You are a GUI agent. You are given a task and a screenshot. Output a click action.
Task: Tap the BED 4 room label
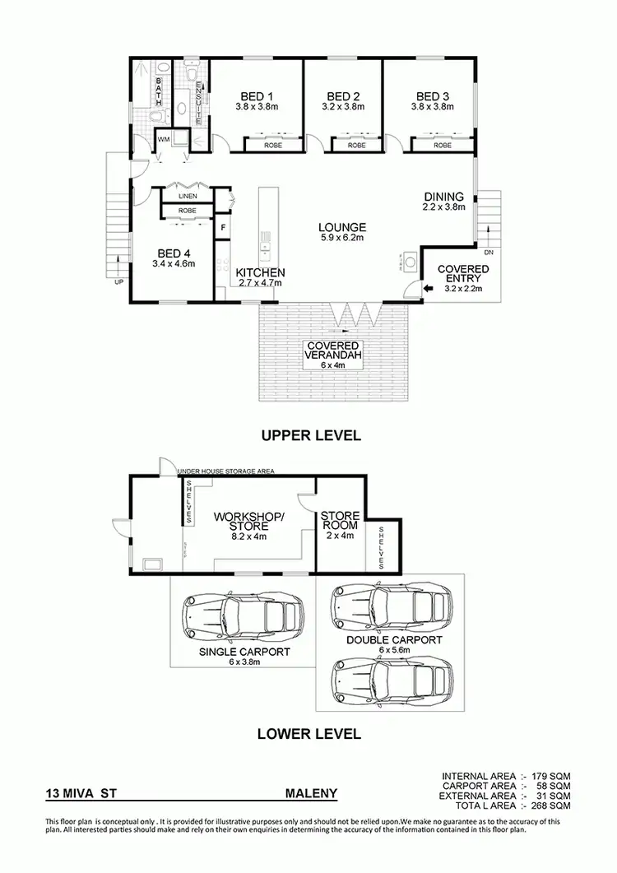174,253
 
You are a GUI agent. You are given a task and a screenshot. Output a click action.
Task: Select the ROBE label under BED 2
355,146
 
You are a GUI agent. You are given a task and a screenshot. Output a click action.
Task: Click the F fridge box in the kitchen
222,225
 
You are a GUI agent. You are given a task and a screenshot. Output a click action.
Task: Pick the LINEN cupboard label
187,196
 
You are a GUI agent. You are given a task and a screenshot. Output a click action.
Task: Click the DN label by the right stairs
489,252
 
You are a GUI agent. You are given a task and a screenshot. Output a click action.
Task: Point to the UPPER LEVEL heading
311,436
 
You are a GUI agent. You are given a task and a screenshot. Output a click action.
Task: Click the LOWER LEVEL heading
309,733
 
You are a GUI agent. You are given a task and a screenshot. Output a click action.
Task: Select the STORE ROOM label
340,521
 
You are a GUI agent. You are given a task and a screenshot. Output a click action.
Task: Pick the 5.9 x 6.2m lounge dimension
343,238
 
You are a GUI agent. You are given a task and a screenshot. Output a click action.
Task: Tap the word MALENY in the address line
311,795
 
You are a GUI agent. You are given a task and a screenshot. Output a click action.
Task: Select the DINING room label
444,197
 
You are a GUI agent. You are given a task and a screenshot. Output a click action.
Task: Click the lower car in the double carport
384,680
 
